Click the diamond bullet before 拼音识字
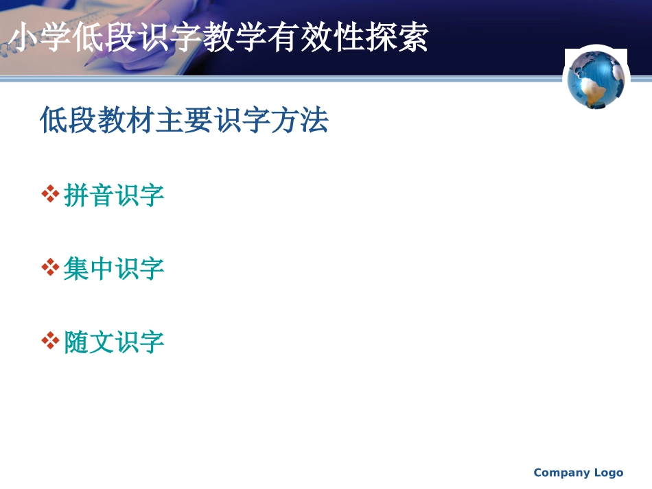(50, 195)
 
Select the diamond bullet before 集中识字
(50, 267)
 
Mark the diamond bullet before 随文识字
(50, 341)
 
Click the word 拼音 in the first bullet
(89, 195)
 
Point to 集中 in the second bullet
(89, 268)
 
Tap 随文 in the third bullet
(89, 342)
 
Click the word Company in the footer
(561, 473)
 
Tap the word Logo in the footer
(609, 473)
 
